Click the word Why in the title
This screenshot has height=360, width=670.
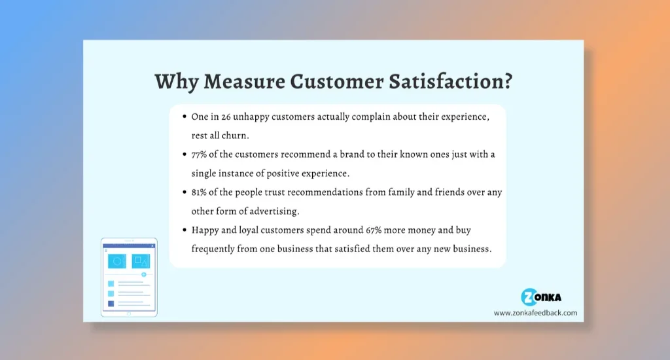coord(176,81)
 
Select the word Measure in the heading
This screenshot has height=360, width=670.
coord(244,81)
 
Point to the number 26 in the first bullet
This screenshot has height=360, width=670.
coord(226,117)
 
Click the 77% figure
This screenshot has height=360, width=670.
coord(199,154)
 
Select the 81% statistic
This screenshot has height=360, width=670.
coord(199,192)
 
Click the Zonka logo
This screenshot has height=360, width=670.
coord(541,297)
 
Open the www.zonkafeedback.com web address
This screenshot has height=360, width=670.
coord(535,313)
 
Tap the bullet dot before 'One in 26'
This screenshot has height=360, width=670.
coord(185,117)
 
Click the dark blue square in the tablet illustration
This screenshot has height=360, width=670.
coord(111,304)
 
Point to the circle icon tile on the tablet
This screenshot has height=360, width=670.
coord(117,261)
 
